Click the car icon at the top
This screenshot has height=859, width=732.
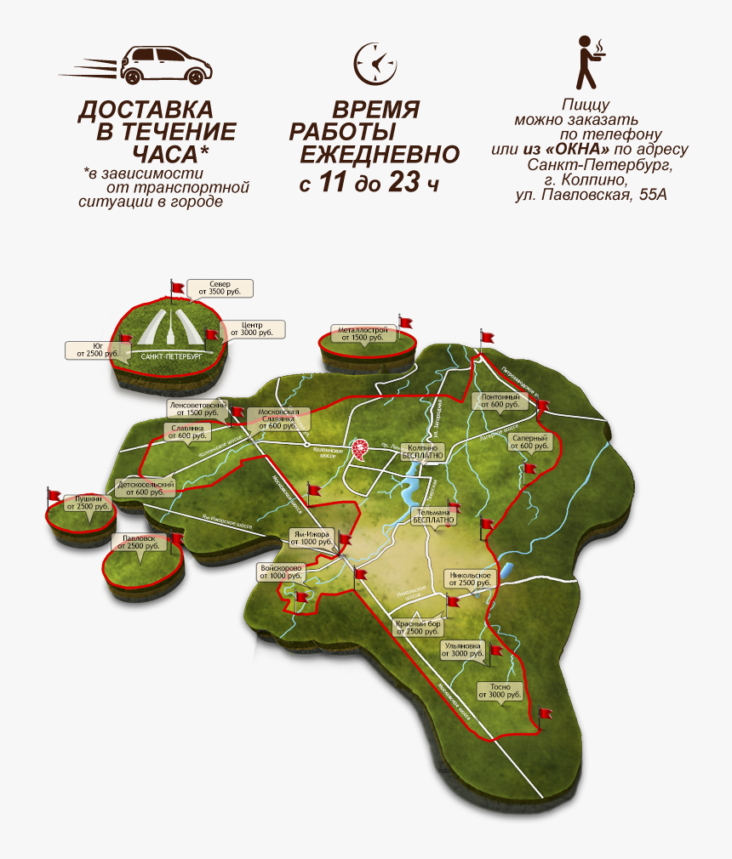point(167,65)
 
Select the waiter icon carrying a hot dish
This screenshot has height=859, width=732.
point(587,62)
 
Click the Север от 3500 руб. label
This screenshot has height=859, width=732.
point(220,287)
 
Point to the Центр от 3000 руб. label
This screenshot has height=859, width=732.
point(251,329)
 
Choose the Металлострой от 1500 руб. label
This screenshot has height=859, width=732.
point(363,333)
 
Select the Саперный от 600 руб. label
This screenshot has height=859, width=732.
point(533,441)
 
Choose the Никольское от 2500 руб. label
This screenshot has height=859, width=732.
point(469,579)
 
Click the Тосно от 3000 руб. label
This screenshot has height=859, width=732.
point(500,691)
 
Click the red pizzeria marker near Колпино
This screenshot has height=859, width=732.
point(361,449)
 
